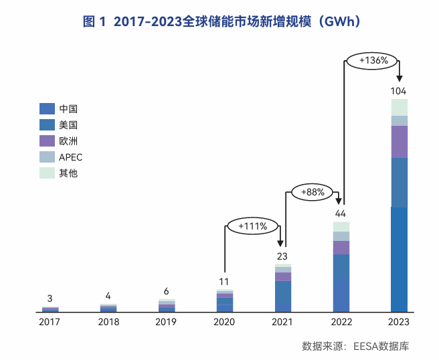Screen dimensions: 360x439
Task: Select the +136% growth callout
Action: pos(373,60)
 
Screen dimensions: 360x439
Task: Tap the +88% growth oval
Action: pos(313,192)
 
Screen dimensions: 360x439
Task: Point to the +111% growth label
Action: pos(252,226)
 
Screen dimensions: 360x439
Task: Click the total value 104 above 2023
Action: pos(399,91)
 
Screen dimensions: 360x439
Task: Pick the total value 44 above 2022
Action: pos(341,213)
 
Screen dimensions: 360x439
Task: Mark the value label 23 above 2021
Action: pos(282,256)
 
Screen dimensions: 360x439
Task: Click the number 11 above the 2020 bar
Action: pos(224,281)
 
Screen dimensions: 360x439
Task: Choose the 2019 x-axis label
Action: pos(167,323)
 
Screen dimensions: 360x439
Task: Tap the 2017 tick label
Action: pos(50,323)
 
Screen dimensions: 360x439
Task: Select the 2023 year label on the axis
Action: pos(399,323)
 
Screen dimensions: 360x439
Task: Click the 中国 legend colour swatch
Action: pos(47,108)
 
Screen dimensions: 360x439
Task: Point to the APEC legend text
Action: pos(71,157)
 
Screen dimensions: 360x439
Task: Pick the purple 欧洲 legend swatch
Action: pos(47,141)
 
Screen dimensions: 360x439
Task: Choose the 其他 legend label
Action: pos(69,173)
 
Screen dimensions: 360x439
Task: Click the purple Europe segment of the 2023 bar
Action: pos(399,141)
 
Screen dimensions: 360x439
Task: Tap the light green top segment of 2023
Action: pos(399,107)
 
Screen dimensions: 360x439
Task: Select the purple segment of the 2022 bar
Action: pos(341,247)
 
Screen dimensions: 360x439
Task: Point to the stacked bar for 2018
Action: pos(108,308)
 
